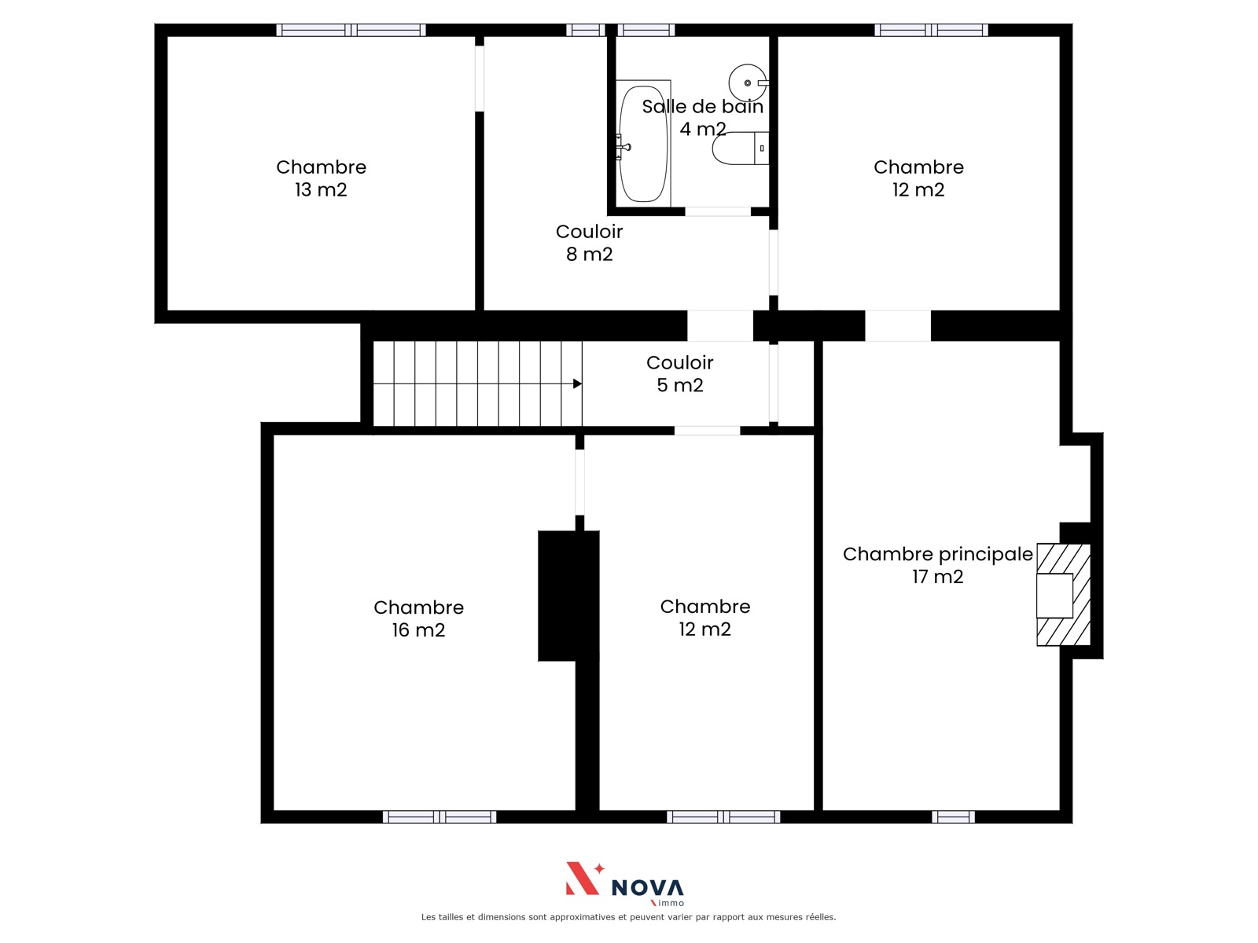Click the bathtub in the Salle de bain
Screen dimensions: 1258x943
(x=643, y=144)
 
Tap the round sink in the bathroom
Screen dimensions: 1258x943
(x=748, y=83)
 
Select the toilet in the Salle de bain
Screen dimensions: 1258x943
(x=741, y=149)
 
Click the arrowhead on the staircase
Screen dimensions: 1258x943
(x=577, y=383)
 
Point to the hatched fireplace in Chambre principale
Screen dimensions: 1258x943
(x=1063, y=594)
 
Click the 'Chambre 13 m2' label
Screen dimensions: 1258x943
(x=321, y=178)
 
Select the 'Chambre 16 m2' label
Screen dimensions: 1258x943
(x=418, y=618)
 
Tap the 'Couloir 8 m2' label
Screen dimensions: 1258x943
(x=589, y=243)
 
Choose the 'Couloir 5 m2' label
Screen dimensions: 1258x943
(x=680, y=374)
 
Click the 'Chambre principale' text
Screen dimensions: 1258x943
(x=938, y=555)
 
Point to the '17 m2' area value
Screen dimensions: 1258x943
(x=938, y=577)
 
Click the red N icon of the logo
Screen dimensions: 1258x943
(x=584, y=878)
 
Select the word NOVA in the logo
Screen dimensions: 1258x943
(x=648, y=888)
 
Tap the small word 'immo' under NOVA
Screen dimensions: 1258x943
(x=671, y=903)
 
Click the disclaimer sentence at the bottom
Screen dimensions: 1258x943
(x=628, y=917)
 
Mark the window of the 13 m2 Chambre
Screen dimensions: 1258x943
(x=351, y=30)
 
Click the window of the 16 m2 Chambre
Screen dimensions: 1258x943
(x=440, y=817)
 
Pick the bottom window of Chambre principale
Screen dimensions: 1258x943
(x=953, y=817)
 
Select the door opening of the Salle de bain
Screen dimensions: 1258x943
(x=718, y=212)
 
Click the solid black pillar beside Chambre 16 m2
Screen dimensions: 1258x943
(x=568, y=596)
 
